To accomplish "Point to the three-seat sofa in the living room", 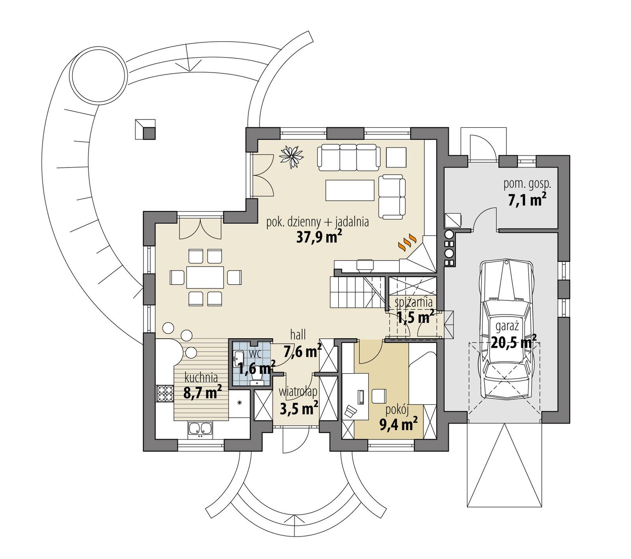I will point(349,157).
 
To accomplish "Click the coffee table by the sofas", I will point(350,190).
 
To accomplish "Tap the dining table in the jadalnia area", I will point(205,277).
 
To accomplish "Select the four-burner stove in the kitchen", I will point(165,394).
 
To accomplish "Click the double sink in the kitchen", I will point(200,429).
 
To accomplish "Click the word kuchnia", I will point(201,378).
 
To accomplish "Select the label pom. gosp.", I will point(527,184).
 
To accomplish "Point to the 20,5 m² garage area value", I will point(513,342).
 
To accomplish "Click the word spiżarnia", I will point(414,302).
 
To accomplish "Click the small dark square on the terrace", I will point(149,134).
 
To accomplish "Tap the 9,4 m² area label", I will point(398,425).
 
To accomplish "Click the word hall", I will point(298,335).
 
